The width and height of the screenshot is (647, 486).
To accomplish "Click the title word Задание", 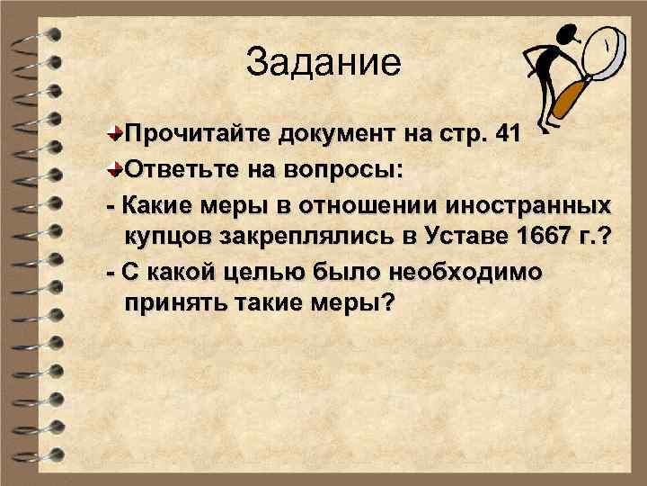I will (x=323, y=62).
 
